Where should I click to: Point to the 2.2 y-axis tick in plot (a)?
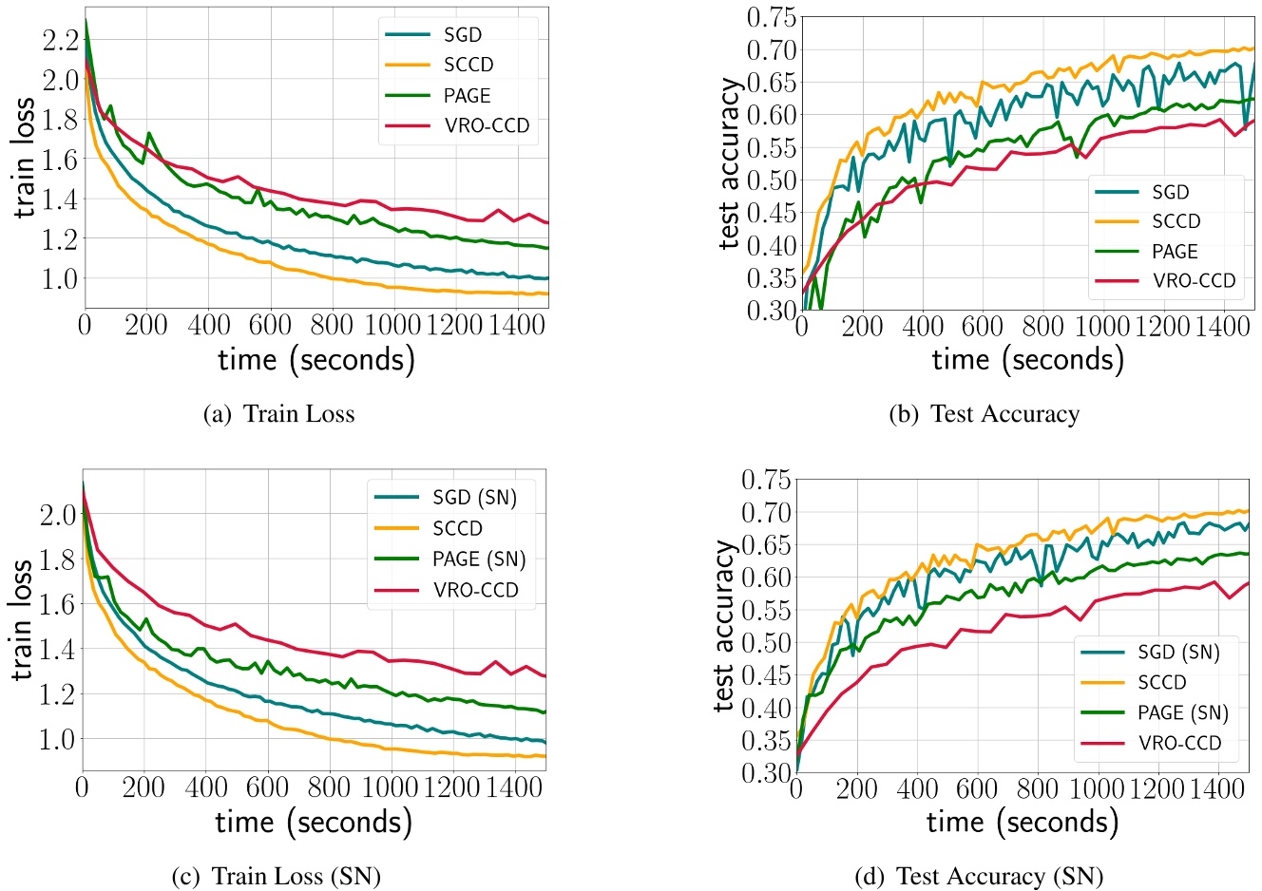point(60,39)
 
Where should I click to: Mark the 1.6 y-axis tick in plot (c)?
point(58,604)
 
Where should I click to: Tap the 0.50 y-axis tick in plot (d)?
point(765,642)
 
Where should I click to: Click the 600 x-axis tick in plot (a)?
point(270,325)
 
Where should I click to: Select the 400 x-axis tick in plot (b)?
point(923,327)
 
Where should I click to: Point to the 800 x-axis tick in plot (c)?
point(329,787)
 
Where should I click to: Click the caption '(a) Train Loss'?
point(278,414)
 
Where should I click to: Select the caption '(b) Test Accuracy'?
point(984,414)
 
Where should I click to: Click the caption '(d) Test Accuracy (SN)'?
point(979,876)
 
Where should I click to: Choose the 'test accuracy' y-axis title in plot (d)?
point(725,626)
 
